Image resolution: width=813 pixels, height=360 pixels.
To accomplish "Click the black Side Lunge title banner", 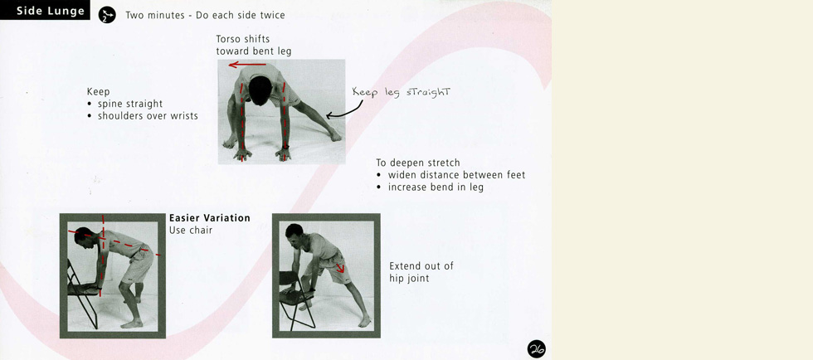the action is click(45, 11).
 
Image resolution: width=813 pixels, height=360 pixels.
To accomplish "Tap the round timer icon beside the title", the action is click(107, 15).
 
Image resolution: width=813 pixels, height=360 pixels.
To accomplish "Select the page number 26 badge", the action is click(537, 349).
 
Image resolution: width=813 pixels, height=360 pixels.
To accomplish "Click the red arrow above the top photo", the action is click(247, 65).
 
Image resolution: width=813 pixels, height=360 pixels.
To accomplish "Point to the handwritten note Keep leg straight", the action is click(402, 92).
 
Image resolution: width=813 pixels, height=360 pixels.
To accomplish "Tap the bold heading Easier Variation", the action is click(209, 218).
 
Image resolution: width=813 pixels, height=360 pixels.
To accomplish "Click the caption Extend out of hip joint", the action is click(421, 272).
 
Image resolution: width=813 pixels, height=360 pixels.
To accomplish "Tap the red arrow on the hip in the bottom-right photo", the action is click(340, 268).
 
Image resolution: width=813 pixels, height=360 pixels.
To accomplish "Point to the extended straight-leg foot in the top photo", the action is click(335, 136).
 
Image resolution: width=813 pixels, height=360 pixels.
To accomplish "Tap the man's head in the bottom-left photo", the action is click(83, 237).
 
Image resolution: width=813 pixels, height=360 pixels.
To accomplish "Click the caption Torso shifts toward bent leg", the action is click(254, 45).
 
